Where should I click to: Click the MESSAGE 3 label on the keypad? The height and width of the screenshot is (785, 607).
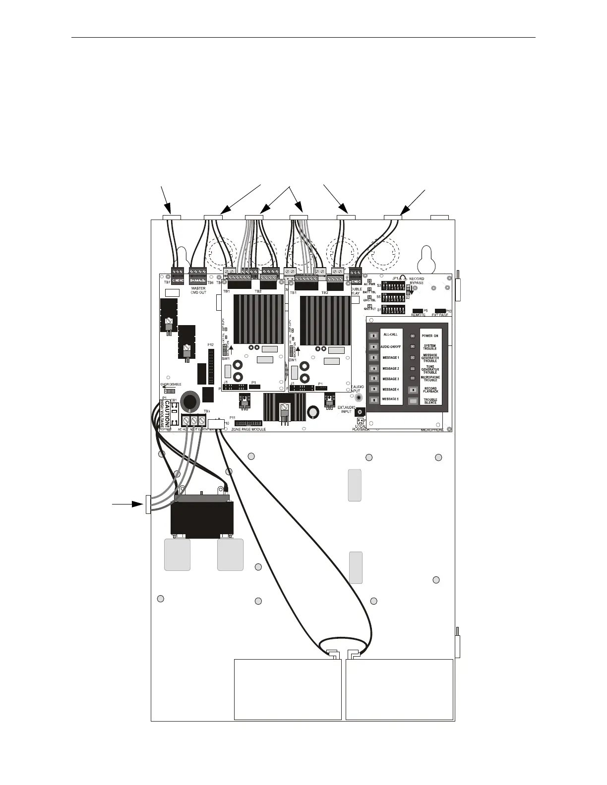click(390, 379)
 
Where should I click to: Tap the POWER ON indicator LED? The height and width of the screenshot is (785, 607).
click(413, 336)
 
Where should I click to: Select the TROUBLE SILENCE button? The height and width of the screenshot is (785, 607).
click(413, 401)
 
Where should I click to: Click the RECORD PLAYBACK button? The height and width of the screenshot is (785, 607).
click(413, 390)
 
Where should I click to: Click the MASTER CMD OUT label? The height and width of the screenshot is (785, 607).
click(198, 290)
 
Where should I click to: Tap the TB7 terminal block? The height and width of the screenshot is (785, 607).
click(177, 274)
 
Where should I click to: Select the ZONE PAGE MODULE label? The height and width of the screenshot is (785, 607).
click(248, 429)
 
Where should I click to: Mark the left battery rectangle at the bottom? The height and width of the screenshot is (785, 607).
click(288, 689)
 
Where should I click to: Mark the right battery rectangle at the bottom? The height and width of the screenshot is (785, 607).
click(399, 689)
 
